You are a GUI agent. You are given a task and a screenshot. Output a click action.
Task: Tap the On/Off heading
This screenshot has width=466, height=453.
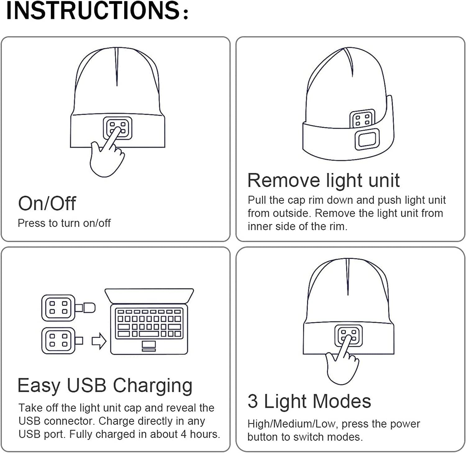(47, 203)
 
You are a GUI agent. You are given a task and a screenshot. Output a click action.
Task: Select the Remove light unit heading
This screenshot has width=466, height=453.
(323, 180)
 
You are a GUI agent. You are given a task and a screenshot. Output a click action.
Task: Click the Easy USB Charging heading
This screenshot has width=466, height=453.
(105, 386)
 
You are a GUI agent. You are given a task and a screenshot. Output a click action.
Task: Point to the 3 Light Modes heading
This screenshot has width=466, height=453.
(309, 401)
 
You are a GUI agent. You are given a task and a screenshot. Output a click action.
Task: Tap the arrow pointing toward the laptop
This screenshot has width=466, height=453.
(99, 341)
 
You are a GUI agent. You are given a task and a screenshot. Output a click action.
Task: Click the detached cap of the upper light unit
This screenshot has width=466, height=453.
(88, 308)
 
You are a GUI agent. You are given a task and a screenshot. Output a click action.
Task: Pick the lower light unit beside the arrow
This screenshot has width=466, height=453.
(59, 340)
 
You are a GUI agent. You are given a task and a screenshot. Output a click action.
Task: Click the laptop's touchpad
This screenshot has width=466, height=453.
(149, 346)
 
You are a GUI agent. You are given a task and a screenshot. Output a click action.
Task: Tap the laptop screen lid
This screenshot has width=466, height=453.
(149, 296)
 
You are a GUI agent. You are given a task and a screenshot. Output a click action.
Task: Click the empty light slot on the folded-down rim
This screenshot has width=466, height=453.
(367, 139)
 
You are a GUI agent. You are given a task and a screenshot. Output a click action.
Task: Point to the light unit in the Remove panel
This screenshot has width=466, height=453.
(362, 118)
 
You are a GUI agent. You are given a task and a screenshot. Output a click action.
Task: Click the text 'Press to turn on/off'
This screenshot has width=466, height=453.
(64, 223)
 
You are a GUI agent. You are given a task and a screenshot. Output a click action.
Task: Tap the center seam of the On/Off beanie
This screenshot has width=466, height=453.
(117, 67)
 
